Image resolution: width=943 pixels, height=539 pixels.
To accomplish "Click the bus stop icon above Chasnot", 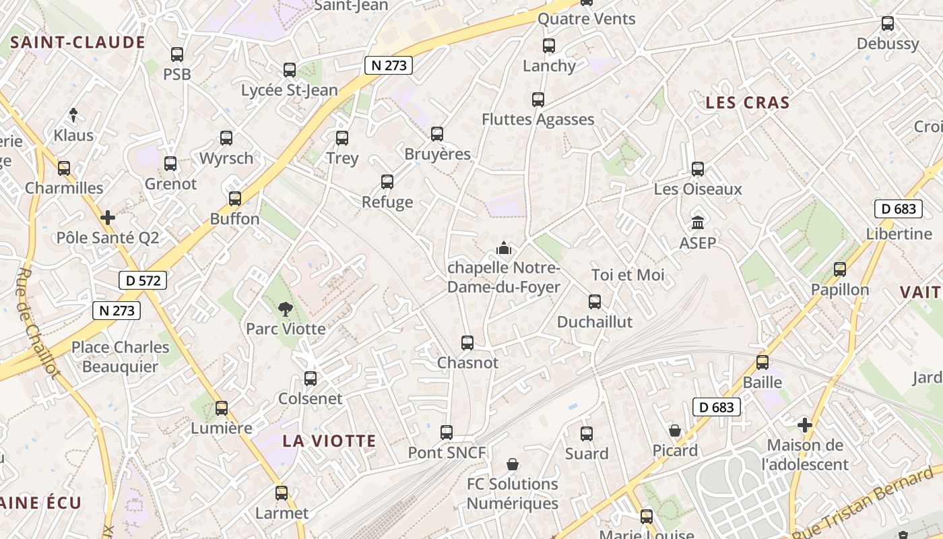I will coord(467,343).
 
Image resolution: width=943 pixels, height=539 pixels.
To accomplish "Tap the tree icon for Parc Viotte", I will coord(286,309).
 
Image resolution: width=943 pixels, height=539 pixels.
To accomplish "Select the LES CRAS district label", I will coord(747,103).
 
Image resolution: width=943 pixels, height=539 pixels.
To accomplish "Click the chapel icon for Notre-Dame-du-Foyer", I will coord(503,248).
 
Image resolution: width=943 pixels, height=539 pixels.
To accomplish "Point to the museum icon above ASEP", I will coord(698,222).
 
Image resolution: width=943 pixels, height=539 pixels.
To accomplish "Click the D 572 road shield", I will coord(143,280).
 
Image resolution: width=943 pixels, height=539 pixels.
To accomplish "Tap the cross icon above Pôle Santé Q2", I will coord(107,218).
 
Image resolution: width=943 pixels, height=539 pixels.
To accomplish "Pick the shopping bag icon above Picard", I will coord(675,431).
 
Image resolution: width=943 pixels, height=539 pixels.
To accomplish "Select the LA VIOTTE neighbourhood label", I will coord(329,441).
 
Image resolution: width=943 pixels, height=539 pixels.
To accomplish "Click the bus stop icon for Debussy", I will coord(888,24).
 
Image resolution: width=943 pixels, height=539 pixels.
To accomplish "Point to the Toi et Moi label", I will coord(628,275).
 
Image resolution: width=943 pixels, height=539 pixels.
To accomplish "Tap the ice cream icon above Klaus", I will coord(73,115).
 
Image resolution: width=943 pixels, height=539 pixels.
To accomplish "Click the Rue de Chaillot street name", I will coord(37,323).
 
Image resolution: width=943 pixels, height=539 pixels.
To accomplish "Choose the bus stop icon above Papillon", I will coord(840,269).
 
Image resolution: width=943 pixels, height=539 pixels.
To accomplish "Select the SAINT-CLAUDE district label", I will coord(78,42).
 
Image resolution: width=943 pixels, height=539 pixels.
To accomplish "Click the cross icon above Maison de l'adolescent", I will coord(804,425).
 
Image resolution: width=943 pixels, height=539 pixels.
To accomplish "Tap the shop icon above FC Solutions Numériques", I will coord(513,464).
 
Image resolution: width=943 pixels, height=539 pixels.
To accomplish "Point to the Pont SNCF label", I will coord(447,453).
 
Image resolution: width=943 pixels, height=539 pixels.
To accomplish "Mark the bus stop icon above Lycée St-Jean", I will coord(290,69).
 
